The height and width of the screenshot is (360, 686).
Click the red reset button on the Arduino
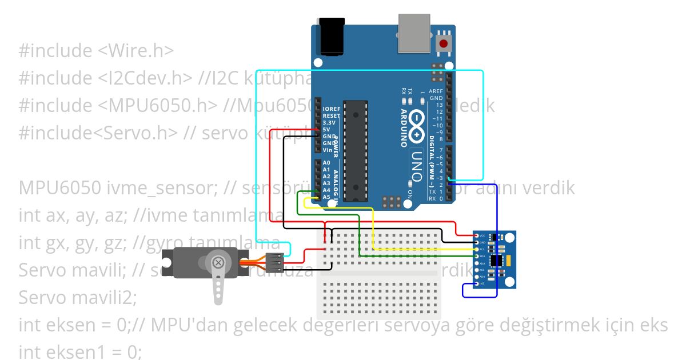coord(443,43)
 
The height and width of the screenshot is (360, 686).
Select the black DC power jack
coord(329,38)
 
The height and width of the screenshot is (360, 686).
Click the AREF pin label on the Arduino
coord(436,91)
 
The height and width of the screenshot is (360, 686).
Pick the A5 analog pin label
coord(326,197)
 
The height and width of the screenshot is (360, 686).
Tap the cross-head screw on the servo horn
coord(218,263)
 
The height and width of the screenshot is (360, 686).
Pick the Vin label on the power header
coord(327,150)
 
